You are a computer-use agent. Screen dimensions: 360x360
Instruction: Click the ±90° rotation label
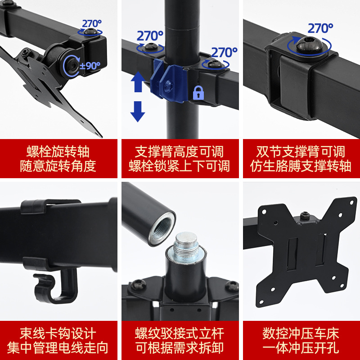90,66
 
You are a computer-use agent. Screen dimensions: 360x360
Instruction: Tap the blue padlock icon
198,93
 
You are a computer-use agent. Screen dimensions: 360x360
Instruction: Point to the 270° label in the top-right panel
320,28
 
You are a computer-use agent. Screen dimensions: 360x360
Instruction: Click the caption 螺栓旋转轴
58,151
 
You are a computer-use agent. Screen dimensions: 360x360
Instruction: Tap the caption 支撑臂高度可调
180,151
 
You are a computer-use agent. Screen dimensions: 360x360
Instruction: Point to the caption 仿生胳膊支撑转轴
301,166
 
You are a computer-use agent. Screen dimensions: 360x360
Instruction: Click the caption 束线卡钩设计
58,333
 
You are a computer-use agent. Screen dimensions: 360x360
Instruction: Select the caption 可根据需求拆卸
180,348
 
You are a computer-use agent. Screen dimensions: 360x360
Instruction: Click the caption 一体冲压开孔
301,348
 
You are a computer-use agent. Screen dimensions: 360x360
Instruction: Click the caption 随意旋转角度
58,166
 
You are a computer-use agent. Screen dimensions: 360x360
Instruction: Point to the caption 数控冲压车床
301,333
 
